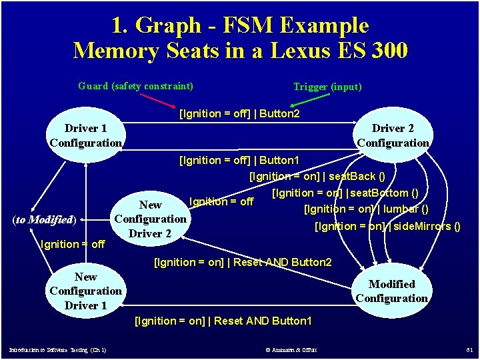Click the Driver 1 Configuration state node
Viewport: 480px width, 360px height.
85,135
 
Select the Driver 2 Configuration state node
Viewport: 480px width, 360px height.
393,135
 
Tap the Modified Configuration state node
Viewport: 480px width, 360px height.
391,291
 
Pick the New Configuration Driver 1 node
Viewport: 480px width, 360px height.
85,291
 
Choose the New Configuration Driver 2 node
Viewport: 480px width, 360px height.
150,219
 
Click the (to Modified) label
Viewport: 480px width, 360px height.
45,219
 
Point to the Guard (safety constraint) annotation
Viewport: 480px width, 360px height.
135,86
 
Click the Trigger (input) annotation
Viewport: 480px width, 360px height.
327,87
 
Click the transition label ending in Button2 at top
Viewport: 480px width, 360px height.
239,114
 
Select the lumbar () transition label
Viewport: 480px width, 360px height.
371,209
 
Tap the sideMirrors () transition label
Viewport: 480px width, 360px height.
387,227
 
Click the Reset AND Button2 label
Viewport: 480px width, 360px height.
243,262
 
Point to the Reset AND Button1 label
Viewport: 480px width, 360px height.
223,321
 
